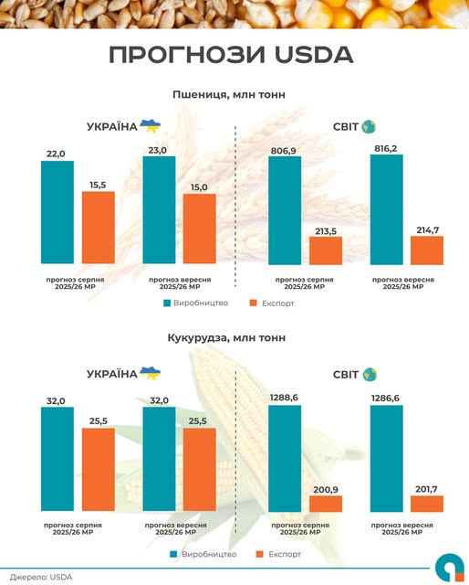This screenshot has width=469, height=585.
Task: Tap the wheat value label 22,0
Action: (57, 154)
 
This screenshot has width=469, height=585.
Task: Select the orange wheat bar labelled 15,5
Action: (99, 227)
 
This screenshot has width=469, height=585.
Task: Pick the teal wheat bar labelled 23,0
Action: (159, 210)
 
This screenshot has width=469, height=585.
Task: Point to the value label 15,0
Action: (199, 186)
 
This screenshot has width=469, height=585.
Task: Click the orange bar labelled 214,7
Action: (426, 249)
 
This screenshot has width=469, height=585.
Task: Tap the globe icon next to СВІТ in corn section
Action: (369, 374)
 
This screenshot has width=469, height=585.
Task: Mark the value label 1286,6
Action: (386, 398)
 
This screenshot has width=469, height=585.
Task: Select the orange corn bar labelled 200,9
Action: (325, 503)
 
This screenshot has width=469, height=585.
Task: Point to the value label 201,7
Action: (426, 487)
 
